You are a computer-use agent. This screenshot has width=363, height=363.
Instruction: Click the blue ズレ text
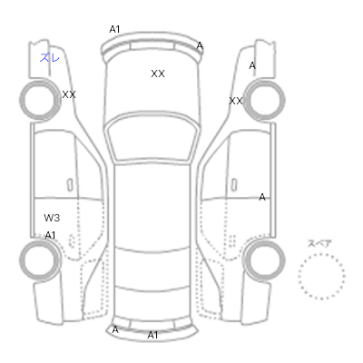point(50,57)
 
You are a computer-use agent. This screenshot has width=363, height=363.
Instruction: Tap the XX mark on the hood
point(158,74)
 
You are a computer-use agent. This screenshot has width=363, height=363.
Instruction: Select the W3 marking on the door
point(52,218)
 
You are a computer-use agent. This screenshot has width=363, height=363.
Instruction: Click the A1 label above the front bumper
point(114,29)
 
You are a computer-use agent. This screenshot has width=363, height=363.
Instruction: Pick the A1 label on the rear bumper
point(152,335)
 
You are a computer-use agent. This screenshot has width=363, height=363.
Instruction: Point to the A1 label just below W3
point(51,235)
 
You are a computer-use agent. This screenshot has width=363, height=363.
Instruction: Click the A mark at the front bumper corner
point(200,46)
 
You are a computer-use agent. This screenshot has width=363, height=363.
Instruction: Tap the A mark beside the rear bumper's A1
point(115,329)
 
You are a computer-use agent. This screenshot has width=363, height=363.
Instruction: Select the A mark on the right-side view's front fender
point(252,65)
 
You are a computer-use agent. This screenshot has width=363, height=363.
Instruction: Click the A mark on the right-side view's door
point(262,197)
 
